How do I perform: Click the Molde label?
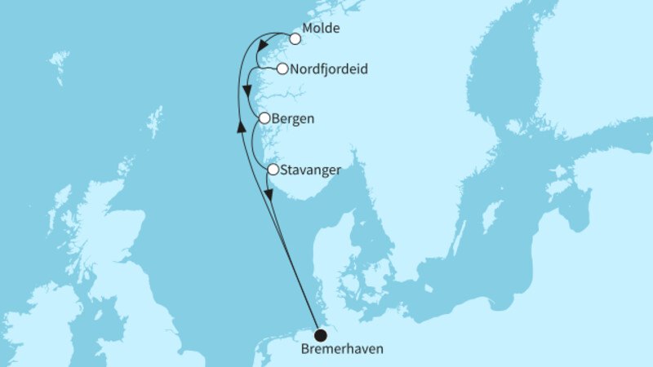tap(320, 29)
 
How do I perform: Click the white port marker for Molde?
tap(295, 38)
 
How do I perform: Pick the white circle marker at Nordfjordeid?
tap(282, 69)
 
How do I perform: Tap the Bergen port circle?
tap(264, 119)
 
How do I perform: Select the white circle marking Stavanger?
tap(273, 170)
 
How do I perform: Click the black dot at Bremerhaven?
tap(321, 334)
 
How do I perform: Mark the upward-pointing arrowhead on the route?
tap(241, 125)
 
